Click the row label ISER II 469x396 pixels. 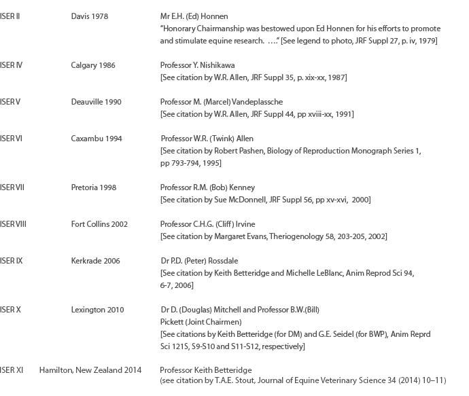10,16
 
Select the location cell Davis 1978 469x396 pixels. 90,16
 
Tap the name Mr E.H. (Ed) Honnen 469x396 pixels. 194,16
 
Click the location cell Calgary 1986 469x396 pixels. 93,65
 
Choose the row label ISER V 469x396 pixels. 10,102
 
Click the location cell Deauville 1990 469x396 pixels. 97,102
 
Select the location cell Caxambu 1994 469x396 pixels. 97,139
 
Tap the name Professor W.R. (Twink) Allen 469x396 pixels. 207,139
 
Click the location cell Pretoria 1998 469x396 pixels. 94,187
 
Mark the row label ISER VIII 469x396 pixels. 14,224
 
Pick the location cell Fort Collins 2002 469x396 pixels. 99,224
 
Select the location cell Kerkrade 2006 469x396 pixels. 96,261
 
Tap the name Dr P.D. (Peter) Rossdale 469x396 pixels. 199,261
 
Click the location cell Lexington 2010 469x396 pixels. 98,310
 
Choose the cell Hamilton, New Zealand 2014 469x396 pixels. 90,370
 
